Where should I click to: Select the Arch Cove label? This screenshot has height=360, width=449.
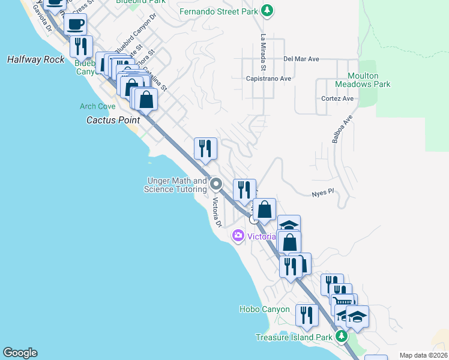point(97,106)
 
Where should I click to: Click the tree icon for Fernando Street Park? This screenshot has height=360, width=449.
point(268,11)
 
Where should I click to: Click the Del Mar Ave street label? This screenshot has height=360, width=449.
point(301,59)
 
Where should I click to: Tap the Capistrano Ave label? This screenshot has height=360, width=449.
point(268,79)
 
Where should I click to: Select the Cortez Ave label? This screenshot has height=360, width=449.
point(337,98)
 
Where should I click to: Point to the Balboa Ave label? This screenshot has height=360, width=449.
point(341,129)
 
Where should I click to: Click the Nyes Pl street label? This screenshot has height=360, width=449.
point(322,194)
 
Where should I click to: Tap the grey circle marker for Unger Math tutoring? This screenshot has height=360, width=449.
point(217,184)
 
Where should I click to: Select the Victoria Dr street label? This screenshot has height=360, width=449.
point(217,212)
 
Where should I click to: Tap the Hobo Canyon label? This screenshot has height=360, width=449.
point(264,310)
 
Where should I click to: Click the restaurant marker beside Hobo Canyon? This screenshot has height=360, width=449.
point(307,315)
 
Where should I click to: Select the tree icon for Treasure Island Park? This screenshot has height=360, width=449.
point(342,337)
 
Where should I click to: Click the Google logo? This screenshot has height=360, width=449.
point(20,353)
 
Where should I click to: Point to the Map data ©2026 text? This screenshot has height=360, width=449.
point(423,355)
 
